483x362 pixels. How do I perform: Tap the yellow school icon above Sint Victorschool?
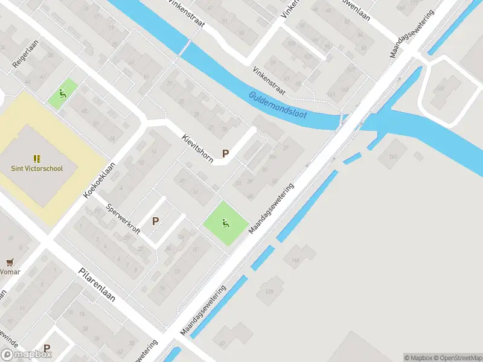(37, 159)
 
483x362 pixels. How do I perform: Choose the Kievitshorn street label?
(197, 147)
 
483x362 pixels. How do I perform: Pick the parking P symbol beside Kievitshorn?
(226, 153)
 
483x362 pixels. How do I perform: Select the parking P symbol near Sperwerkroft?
(155, 221)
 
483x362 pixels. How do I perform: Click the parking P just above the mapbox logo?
(46, 348)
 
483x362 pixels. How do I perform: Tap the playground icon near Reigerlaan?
(62, 94)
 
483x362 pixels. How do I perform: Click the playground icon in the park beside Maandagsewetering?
(226, 223)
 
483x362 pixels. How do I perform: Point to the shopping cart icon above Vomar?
(9, 262)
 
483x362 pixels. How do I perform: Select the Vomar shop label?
(10, 272)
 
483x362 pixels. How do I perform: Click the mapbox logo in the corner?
(26, 355)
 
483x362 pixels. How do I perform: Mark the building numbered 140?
(296, 261)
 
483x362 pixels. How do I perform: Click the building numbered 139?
(269, 293)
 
